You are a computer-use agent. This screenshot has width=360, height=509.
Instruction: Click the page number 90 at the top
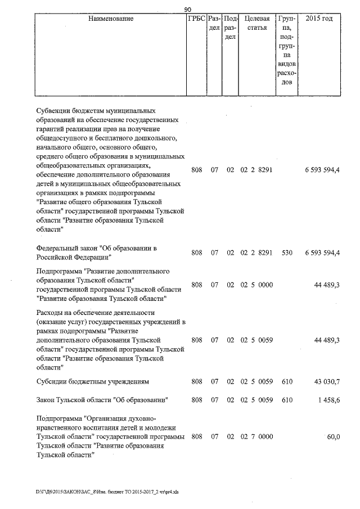pyautogui.click(x=188, y=8)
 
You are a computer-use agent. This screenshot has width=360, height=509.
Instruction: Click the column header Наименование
pyautogui.click(x=111, y=19)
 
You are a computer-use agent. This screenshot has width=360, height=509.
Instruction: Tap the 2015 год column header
pyautogui.click(x=318, y=19)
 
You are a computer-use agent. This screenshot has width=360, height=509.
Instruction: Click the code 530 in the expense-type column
pyautogui.click(x=287, y=253)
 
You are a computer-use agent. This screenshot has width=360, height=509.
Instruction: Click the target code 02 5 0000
pyautogui.click(x=256, y=285)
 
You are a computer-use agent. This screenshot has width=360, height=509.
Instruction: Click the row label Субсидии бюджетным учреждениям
pyautogui.click(x=92, y=382)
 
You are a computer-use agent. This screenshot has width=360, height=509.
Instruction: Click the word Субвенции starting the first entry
pyautogui.click(x=55, y=111)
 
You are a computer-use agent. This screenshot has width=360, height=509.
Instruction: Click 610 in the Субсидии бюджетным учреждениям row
pyautogui.click(x=287, y=382)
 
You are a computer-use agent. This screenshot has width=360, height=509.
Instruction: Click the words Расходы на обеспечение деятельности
pyautogui.click(x=95, y=313)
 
